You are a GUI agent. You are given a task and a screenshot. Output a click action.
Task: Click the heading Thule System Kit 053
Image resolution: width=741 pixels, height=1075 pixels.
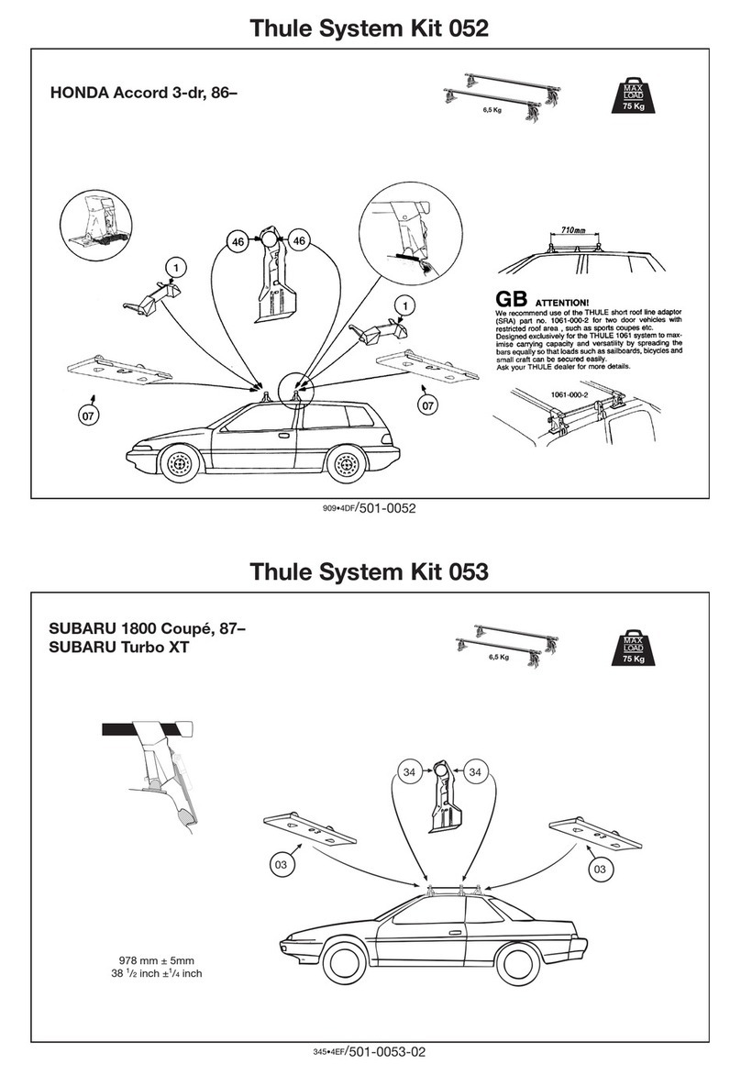point(370,573)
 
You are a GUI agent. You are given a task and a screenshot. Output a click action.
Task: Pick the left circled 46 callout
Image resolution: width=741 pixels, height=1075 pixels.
point(238,240)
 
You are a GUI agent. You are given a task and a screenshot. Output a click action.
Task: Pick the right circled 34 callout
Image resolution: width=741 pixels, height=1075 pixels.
point(475,772)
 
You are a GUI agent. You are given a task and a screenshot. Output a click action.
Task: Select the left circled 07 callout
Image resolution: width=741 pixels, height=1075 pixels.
point(86,417)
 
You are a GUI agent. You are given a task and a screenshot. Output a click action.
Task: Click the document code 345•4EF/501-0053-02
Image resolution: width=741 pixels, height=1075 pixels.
point(370,1056)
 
